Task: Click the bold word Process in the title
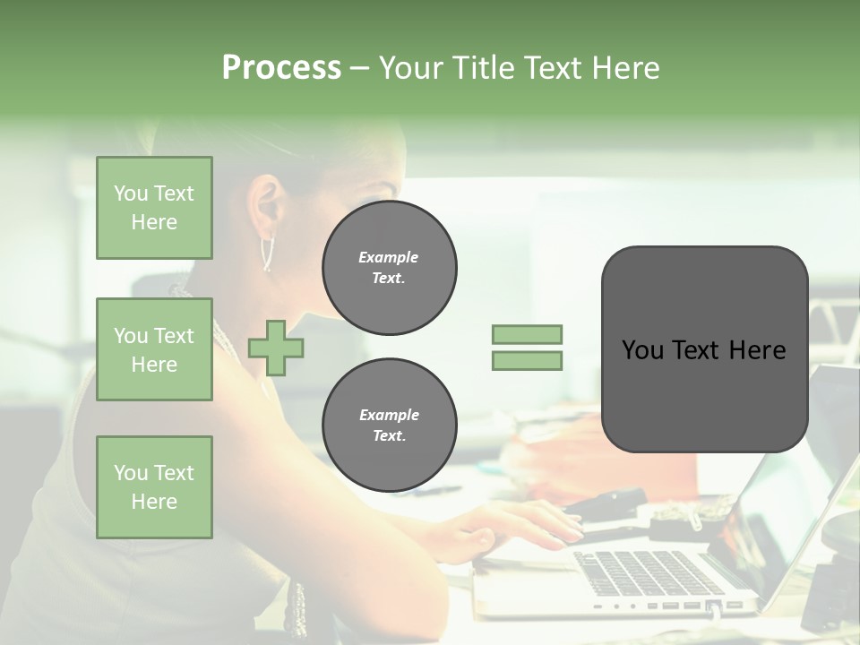(x=281, y=68)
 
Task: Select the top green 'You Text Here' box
(x=154, y=208)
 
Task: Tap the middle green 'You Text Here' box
(x=154, y=349)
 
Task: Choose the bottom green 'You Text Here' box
(x=154, y=487)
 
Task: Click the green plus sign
(x=276, y=348)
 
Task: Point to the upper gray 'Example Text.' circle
(x=389, y=268)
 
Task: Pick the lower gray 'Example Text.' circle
(x=389, y=426)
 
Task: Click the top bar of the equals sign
(x=527, y=335)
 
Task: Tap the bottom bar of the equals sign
(x=527, y=361)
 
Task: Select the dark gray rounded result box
(x=704, y=349)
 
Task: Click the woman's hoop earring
(x=267, y=254)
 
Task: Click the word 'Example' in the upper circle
(x=389, y=257)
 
